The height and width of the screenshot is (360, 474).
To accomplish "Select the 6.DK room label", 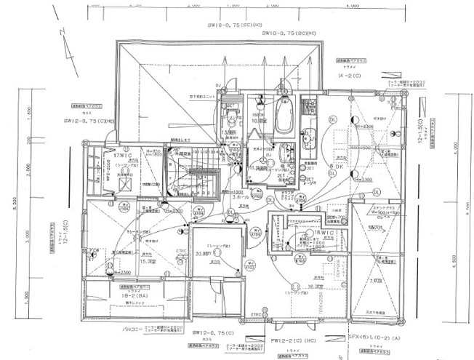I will pos(337,167).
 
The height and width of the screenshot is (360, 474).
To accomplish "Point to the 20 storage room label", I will pos(202,253).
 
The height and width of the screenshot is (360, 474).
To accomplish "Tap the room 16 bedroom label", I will pos(315,287).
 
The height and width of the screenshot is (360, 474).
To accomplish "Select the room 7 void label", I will pos(376,280).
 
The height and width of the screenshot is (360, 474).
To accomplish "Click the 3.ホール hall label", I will pos(241,196).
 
